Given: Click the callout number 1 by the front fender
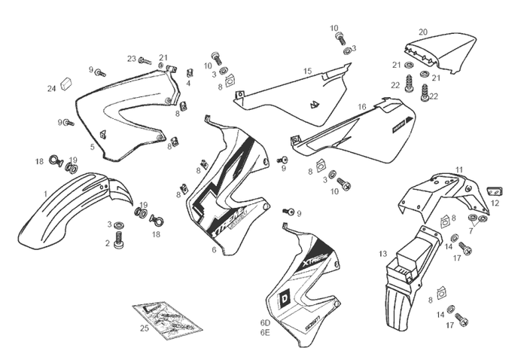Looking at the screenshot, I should [45, 194].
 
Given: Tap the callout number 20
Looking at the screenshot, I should [423, 32].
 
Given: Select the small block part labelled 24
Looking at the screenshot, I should [65, 81].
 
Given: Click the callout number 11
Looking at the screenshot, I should [459, 170].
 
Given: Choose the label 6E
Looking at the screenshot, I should [265, 332].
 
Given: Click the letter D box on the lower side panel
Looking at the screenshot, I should [285, 296].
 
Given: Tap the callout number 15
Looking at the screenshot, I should [307, 71].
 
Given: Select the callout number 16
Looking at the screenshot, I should [362, 107].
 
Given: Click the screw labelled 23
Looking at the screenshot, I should [145, 59].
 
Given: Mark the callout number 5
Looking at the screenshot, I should [93, 147].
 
